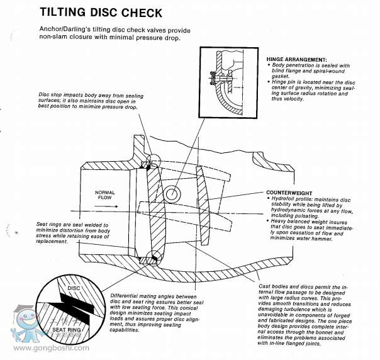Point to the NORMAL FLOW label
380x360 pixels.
[104, 194]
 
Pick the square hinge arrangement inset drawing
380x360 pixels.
[230, 84]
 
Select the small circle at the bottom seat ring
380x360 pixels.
[151, 257]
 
